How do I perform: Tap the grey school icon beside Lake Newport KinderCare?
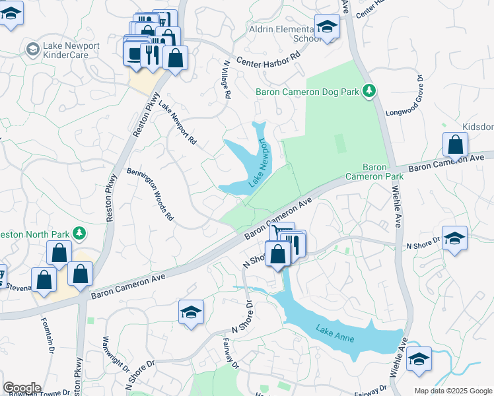tap(31, 49)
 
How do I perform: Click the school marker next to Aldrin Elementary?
tap(326, 28)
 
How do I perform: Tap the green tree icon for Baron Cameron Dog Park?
tap(370, 91)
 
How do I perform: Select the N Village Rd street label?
tap(227, 79)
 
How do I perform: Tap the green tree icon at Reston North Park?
tap(79, 233)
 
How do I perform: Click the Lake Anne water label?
tap(335, 333)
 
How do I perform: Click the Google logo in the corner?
tap(22, 388)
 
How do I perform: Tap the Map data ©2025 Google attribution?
tap(452, 391)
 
